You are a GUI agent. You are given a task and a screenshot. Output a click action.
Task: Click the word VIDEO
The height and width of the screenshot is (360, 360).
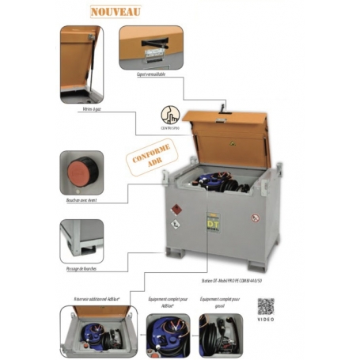tap(267, 323)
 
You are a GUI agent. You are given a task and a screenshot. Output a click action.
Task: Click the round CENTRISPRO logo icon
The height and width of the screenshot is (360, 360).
tap(171, 114)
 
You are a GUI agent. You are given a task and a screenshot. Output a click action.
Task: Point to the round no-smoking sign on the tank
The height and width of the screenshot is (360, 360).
tap(256, 216)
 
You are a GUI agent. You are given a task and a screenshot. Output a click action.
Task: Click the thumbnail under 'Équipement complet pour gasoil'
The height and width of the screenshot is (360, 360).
tap(221, 332)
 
